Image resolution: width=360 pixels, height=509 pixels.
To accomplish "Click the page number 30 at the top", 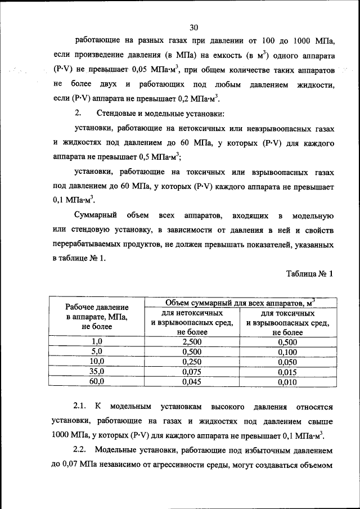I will (194, 27).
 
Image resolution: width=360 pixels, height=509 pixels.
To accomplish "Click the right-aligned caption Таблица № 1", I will (309, 274).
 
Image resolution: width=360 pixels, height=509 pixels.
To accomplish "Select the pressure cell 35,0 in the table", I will (97, 371).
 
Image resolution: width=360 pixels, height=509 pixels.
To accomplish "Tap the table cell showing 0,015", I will (287, 371).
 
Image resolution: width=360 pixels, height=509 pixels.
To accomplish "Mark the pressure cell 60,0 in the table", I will (97, 381).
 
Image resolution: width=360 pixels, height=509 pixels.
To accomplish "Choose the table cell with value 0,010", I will (287, 381).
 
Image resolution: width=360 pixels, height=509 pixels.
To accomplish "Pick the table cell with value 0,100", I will (287, 352).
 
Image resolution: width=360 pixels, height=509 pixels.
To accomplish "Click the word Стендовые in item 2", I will (116, 114).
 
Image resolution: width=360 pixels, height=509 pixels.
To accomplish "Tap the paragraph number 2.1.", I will (82, 406).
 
